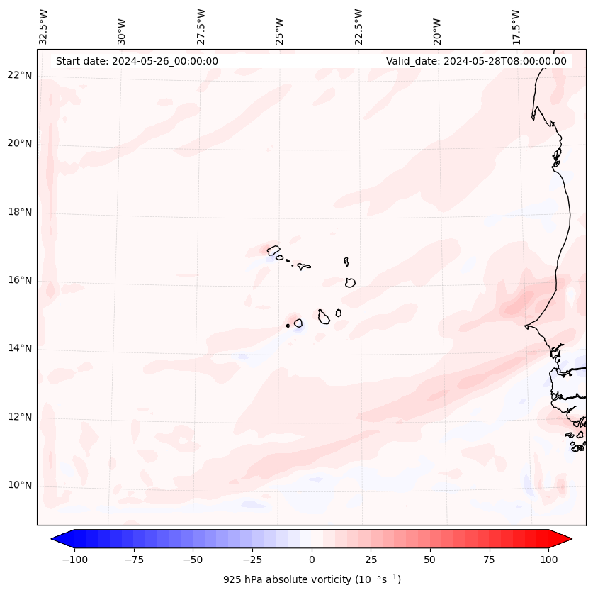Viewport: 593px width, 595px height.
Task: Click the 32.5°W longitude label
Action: [44, 26]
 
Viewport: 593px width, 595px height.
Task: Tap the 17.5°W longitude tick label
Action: [516, 26]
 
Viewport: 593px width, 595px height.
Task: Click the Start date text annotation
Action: [137, 61]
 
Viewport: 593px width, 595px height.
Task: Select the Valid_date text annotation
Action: [476, 61]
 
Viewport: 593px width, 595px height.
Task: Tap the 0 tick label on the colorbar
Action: [312, 560]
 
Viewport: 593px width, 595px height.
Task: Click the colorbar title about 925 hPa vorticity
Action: [312, 579]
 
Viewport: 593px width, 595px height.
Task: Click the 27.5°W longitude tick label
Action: [201, 26]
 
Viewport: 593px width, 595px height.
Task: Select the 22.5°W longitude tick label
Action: [358, 26]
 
